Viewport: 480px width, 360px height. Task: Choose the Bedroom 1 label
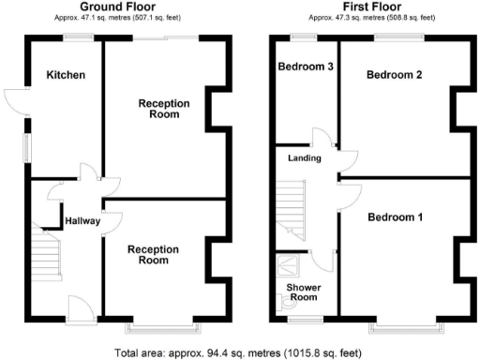395,217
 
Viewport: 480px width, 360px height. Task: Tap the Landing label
305,158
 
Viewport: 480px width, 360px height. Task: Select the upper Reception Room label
165,109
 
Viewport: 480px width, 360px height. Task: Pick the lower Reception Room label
154,254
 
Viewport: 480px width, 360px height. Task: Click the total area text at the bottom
238,352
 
